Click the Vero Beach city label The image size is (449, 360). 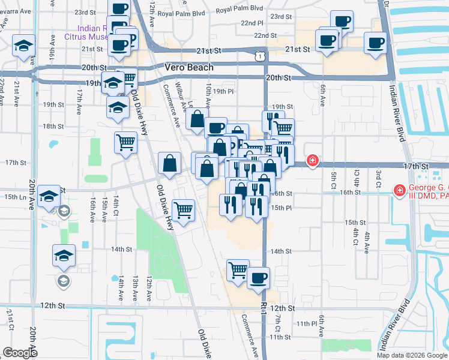pyautogui.click(x=188, y=67)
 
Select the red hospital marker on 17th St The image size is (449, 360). pyautogui.click(x=312, y=160)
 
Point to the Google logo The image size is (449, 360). pyautogui.click(x=20, y=353)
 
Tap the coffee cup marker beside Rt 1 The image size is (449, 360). pyautogui.click(x=259, y=277)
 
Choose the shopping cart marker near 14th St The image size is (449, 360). pyautogui.click(x=238, y=269)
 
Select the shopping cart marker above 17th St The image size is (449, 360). pyautogui.click(x=125, y=142)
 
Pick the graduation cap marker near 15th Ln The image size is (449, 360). pyautogui.click(x=49, y=195)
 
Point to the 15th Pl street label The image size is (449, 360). pyautogui.click(x=281, y=208)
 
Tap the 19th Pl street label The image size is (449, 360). pyautogui.click(x=222, y=91)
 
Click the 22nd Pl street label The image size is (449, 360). pyautogui.click(x=252, y=22)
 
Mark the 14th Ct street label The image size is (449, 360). pyautogui.click(x=115, y=205)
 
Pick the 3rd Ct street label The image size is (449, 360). pyautogui.click(x=379, y=178)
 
